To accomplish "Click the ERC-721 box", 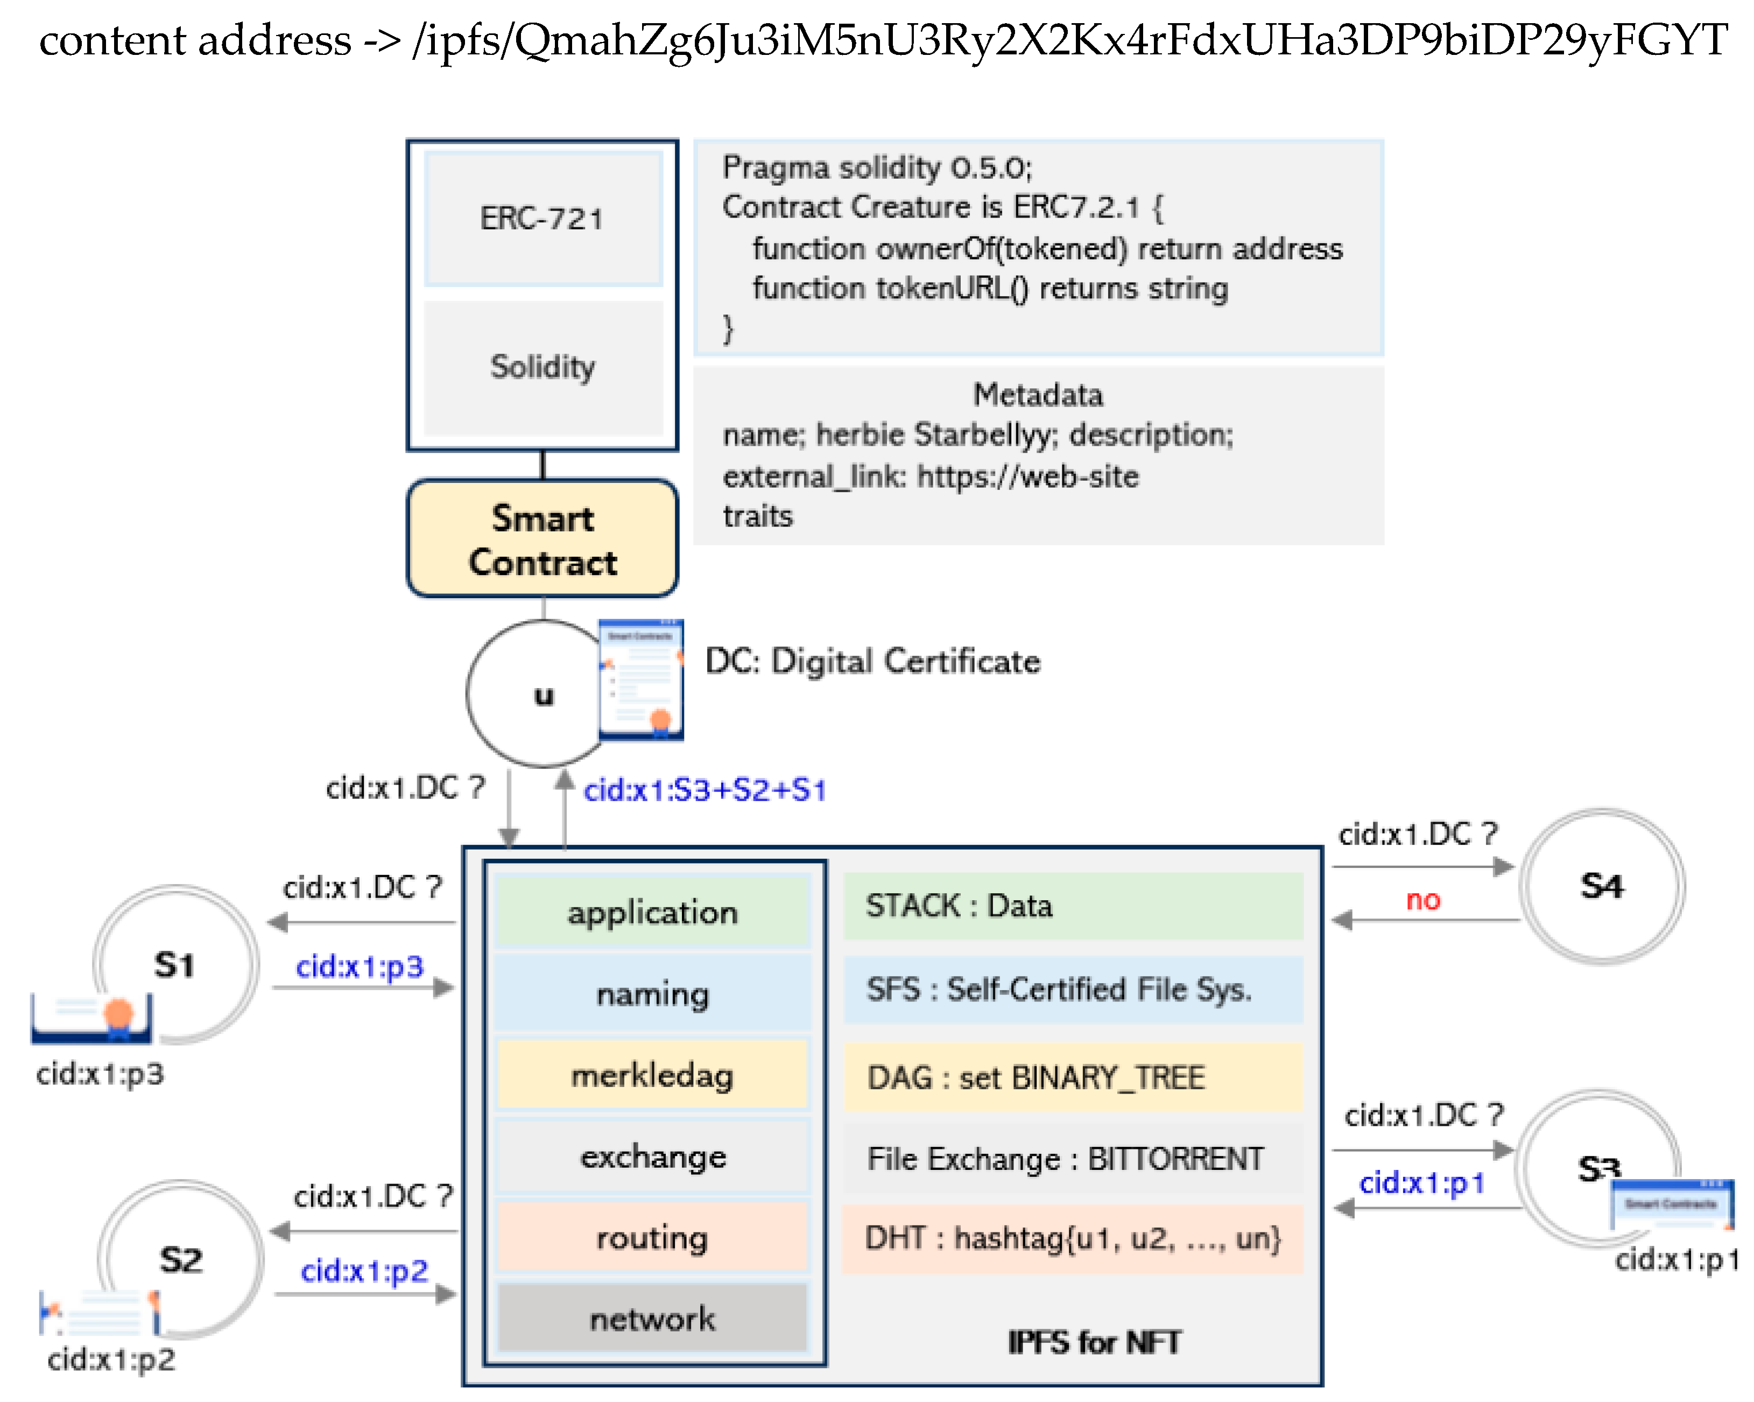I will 543,218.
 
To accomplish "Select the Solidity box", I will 543,368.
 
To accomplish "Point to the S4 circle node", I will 1601,886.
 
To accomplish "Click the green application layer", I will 652,912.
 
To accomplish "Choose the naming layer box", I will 652,993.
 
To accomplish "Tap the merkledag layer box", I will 652,1075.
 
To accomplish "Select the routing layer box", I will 652,1238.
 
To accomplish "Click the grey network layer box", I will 652,1318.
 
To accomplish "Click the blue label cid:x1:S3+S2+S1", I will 705,790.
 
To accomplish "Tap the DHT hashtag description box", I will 1072,1238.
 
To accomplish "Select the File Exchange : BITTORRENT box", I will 1066,1159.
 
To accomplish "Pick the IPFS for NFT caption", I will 1094,1342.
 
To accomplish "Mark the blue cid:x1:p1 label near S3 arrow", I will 1421,1182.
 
